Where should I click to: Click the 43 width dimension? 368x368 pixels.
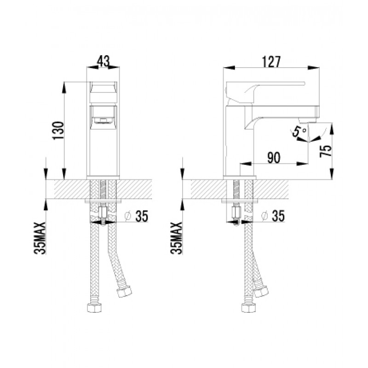(103, 60)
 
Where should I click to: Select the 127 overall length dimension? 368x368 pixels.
(271, 61)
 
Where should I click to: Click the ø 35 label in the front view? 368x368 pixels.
(137, 216)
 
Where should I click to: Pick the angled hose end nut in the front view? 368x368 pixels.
(124, 292)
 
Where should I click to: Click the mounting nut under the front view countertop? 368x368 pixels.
(103, 214)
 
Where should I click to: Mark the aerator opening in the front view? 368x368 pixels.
(103, 121)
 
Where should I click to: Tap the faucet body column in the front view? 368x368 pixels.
(103, 152)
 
